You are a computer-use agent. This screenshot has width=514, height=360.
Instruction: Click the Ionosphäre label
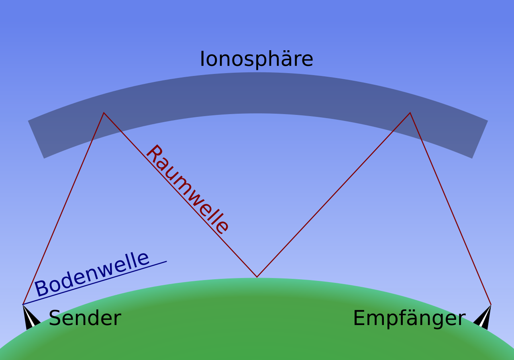click(256, 59)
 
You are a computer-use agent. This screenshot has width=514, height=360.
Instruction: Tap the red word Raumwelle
click(188, 189)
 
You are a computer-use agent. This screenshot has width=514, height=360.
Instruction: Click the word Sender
click(85, 318)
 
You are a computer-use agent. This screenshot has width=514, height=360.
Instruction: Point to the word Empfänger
click(409, 318)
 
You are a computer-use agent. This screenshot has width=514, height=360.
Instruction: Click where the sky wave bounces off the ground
click(257, 276)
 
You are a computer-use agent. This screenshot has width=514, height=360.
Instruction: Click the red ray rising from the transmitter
click(63, 209)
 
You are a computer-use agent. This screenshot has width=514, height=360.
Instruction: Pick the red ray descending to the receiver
click(451, 209)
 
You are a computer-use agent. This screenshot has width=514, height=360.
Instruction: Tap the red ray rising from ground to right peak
click(333, 195)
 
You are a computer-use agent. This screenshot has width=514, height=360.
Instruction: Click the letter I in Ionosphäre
click(202, 59)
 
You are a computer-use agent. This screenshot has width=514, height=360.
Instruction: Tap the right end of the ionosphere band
click(479, 139)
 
